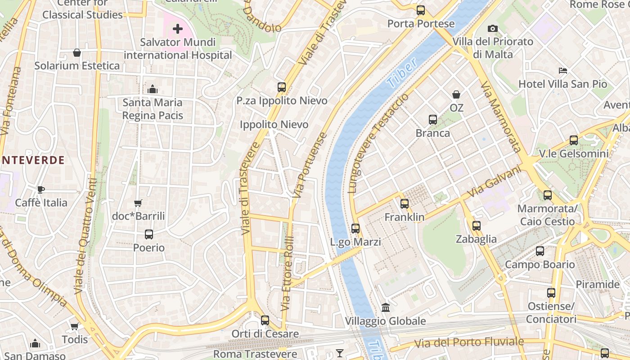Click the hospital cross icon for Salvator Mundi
click(178, 29)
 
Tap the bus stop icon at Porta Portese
click(421, 10)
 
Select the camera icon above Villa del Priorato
click(493, 29)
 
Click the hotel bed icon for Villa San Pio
click(562, 71)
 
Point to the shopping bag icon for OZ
click(456, 94)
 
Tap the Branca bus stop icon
click(433, 120)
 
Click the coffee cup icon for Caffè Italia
click(41, 189)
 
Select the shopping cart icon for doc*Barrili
click(138, 203)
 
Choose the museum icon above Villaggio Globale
click(386, 308)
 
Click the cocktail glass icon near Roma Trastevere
click(340, 353)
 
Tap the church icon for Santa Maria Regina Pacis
click(153, 89)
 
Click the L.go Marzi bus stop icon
click(355, 229)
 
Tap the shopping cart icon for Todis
click(74, 326)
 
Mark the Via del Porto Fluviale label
click(469, 342)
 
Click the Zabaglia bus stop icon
click(477, 226)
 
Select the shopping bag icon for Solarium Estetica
click(77, 53)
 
